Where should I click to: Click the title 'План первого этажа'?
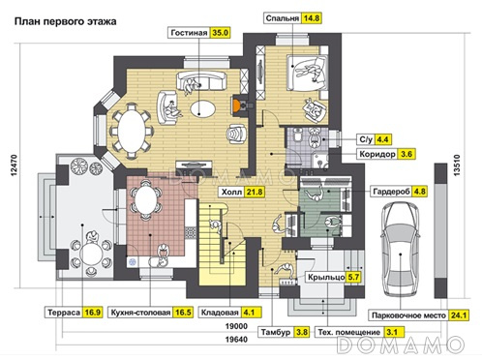click(65, 21)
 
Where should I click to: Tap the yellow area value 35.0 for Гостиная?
click(221, 33)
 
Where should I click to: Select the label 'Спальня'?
click(283, 18)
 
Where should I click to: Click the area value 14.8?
click(312, 18)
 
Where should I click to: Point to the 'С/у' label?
click(366, 139)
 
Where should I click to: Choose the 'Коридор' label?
click(377, 154)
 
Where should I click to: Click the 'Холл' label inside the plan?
click(231, 193)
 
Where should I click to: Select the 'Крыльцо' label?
click(326, 277)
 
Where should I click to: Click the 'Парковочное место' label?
click(408, 315)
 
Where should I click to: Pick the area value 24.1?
click(459, 315)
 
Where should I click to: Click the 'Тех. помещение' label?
click(349, 332)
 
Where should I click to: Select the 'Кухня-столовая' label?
click(140, 313)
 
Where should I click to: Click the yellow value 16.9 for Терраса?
click(92, 313)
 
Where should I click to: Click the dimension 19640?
click(236, 340)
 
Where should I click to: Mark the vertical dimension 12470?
click(14, 165)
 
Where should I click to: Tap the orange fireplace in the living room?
click(236, 105)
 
